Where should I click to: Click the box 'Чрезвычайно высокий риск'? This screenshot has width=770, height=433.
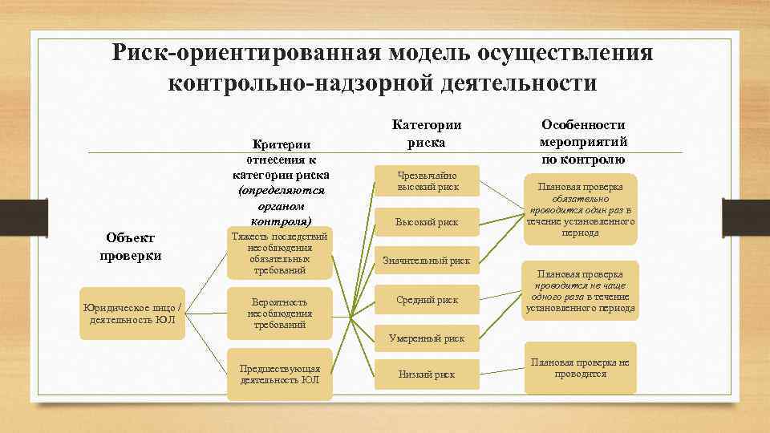tap(428, 181)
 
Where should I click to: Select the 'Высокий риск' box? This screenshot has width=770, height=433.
tap(428, 222)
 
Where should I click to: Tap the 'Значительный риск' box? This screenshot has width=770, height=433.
tap(428, 260)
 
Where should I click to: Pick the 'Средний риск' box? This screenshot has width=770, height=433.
tap(428, 299)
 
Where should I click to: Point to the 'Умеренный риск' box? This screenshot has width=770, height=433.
tap(428, 338)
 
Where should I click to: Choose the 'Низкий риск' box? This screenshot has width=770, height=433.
tap(428, 374)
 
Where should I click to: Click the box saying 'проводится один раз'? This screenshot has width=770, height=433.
tap(581, 210)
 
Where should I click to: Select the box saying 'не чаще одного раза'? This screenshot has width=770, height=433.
tap(581, 291)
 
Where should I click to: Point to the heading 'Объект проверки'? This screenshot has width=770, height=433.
tap(130, 247)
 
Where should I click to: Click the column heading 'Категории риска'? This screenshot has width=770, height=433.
tap(427, 134)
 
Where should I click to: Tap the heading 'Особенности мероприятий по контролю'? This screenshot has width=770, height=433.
tap(584, 142)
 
